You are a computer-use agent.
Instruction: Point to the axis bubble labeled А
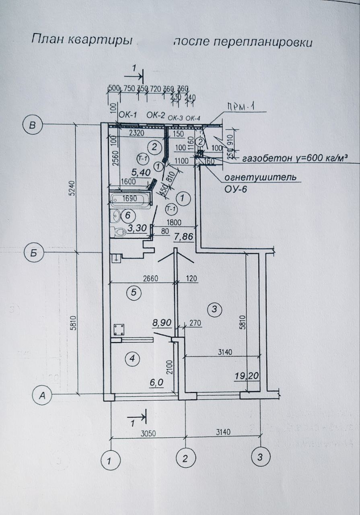[x=41, y=396]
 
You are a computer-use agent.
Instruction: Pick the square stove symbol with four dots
[x=119, y=330]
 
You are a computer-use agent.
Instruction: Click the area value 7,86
[x=183, y=237]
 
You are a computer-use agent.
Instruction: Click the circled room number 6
[x=127, y=215]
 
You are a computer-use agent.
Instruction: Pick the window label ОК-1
[x=129, y=115]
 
